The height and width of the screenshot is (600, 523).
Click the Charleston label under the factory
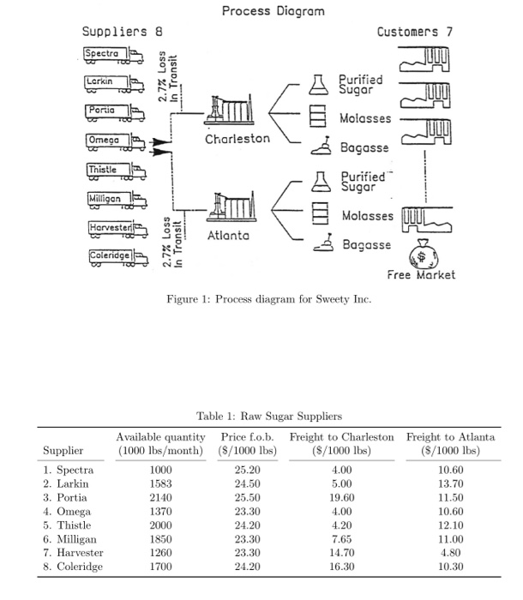(237, 138)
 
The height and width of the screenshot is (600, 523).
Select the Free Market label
(421, 275)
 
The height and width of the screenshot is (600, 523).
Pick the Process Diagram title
(274, 11)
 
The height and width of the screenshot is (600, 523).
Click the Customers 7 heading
(414, 32)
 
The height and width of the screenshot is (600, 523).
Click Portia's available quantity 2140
(161, 497)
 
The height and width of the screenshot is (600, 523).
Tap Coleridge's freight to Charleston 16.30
(342, 566)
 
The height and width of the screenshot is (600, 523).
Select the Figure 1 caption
(261, 299)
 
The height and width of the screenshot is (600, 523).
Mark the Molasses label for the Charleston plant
(366, 117)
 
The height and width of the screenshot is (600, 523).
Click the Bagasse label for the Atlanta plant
(366, 245)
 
